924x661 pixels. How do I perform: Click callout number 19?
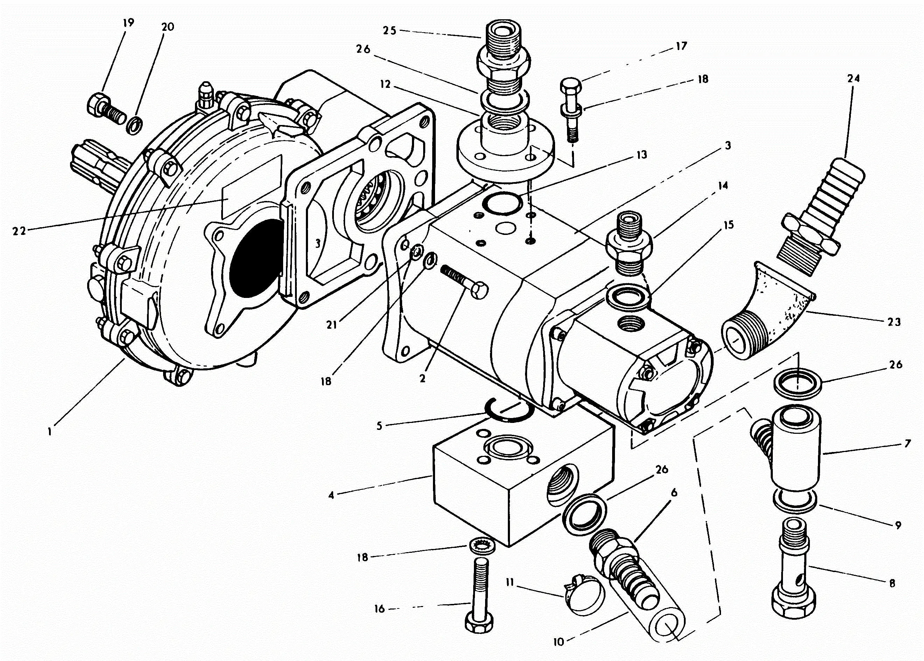pyautogui.click(x=128, y=23)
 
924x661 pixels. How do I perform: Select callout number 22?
pyautogui.click(x=19, y=231)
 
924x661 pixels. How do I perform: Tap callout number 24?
pyautogui.click(x=853, y=78)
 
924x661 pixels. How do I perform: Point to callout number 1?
pyautogui.click(x=50, y=431)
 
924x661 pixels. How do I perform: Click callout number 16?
pyautogui.click(x=379, y=609)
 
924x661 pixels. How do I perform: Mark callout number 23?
pyautogui.click(x=894, y=322)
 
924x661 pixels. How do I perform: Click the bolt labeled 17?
pyautogui.click(x=572, y=110)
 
